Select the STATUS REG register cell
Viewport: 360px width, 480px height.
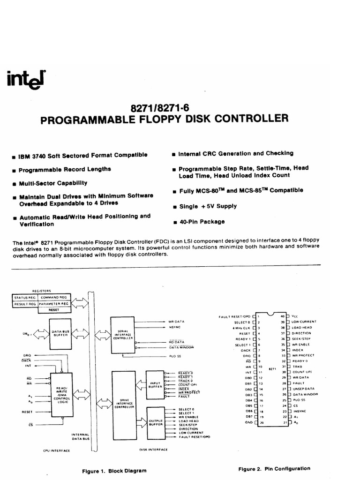(x=25, y=297)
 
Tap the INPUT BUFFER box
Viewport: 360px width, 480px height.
(x=155, y=385)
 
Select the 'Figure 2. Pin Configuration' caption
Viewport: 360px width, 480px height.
(x=274, y=468)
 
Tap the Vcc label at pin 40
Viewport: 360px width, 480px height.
(x=294, y=316)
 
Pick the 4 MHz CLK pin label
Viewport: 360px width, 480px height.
(x=239, y=328)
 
